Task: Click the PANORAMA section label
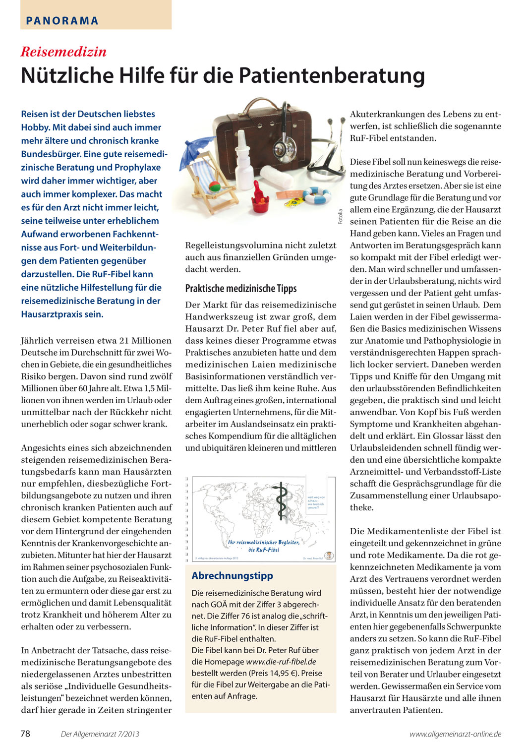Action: pyautogui.click(x=62, y=21)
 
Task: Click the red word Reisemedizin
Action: pyautogui.click(x=63, y=52)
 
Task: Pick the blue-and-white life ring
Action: pyautogui.click(x=316, y=195)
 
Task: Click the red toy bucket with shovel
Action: pyautogui.click(x=260, y=196)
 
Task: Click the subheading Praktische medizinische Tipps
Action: pyautogui.click(x=241, y=289)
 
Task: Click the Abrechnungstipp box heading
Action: pyautogui.click(x=232, y=576)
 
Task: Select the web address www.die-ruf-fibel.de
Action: pyautogui.click(x=281, y=662)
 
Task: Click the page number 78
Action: pyautogui.click(x=25, y=734)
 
